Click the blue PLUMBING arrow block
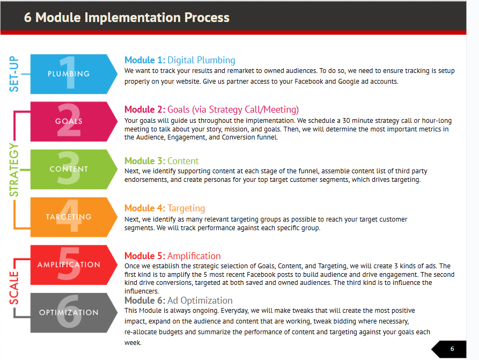[73, 74]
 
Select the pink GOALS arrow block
[73, 122]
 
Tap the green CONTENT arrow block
[73, 170]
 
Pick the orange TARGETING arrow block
[73, 217]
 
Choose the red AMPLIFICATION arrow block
[73, 265]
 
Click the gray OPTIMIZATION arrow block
[73, 313]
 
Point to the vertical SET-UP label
[14, 74]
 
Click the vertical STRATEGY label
[14, 170]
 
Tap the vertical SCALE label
[14, 288]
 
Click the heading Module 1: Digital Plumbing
[180, 60]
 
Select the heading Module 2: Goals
[211, 109]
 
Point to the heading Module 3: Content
[161, 161]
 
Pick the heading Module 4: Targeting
[164, 208]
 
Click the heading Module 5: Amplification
[172, 256]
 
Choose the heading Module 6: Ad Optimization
[179, 300]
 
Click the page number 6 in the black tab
[452, 349]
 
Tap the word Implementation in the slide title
[132, 18]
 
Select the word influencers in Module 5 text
[142, 291]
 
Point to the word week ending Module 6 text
[133, 343]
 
